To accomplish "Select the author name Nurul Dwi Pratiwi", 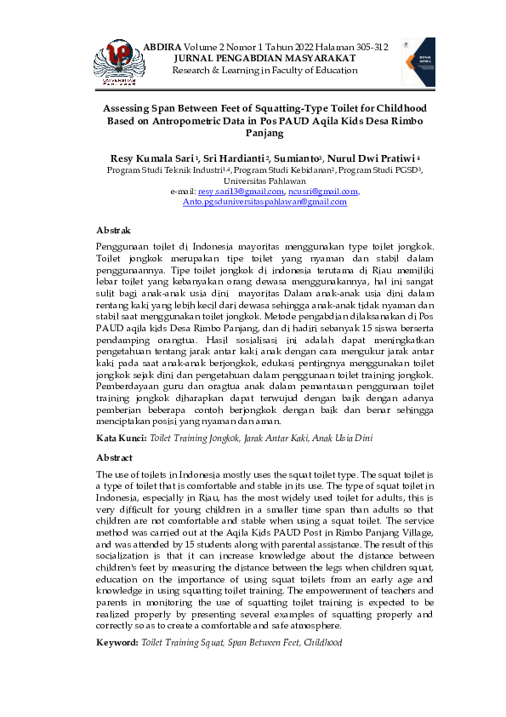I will (x=372, y=158).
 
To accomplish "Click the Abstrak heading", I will (x=114, y=230).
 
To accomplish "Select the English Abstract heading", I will (x=115, y=457).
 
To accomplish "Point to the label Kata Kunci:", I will (x=121, y=437).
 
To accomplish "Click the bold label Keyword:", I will (x=118, y=640).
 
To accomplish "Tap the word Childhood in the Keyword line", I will (x=323, y=640).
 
